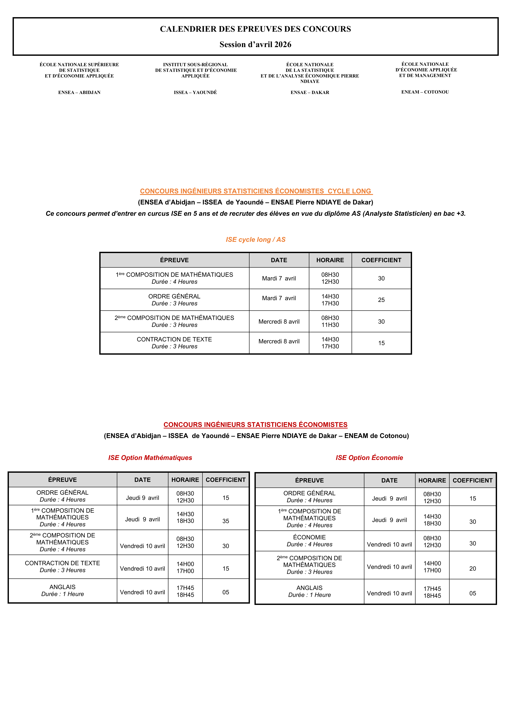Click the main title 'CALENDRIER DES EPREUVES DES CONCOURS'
tap(255, 29)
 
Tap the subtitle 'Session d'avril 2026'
tap(255, 44)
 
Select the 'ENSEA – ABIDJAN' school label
tap(79, 92)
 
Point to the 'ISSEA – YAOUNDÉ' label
tap(195, 92)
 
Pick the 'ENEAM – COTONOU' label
tap(425, 92)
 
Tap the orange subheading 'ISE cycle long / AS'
tap(256, 240)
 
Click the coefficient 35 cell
tap(226, 521)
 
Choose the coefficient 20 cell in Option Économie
tap(472, 568)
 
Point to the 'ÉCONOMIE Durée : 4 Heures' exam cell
tap(309, 541)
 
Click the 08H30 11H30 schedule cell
tap(330, 321)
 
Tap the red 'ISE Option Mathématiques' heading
tap(150, 458)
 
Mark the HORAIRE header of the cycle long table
tap(330, 260)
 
